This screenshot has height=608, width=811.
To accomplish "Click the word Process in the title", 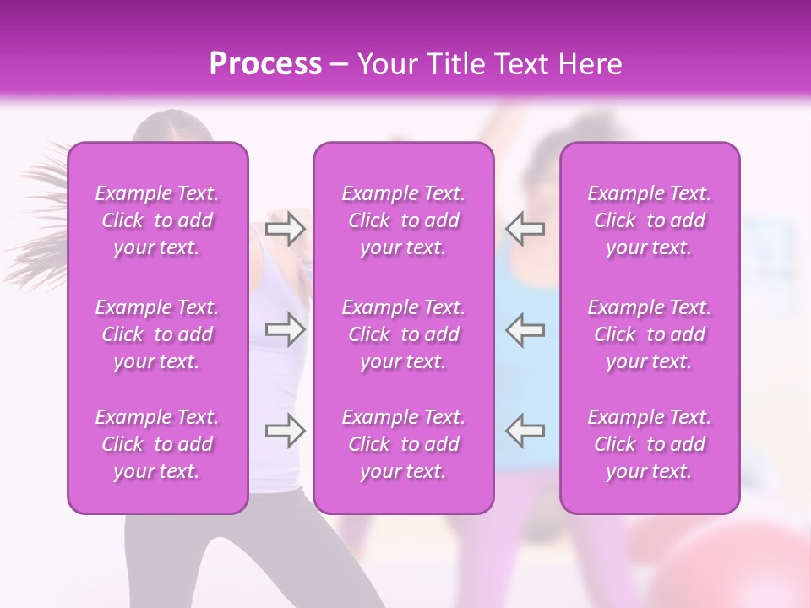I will pyautogui.click(x=265, y=63).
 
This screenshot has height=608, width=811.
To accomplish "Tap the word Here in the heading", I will pyautogui.click(x=589, y=63).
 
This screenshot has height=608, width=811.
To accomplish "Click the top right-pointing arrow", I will pyautogui.click(x=286, y=228).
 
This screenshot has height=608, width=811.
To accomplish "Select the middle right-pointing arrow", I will pyautogui.click(x=286, y=328).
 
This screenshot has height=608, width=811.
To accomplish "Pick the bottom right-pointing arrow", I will pyautogui.click(x=286, y=431).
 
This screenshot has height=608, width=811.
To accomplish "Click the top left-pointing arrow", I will pyautogui.click(x=525, y=228).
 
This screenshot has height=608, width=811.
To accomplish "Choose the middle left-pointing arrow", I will pyautogui.click(x=525, y=328).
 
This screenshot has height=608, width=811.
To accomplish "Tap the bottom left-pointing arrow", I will pyautogui.click(x=525, y=431).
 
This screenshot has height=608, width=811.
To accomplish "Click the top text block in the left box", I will pyautogui.click(x=157, y=220).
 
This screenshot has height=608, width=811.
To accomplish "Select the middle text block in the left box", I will pyautogui.click(x=157, y=334).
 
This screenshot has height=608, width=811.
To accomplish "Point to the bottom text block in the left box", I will pyautogui.click(x=157, y=444).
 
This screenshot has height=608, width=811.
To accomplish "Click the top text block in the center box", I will pyautogui.click(x=404, y=220).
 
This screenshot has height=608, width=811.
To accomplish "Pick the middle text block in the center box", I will pyautogui.click(x=404, y=334).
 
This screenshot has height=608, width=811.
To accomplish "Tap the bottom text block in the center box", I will pyautogui.click(x=404, y=444).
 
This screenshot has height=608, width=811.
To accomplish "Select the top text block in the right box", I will pyautogui.click(x=650, y=220).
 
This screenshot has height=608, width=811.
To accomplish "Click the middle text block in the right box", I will pyautogui.click(x=650, y=334).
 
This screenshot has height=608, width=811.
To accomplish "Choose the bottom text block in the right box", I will pyautogui.click(x=650, y=444).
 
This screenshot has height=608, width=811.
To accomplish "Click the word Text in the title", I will pyautogui.click(x=523, y=63).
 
